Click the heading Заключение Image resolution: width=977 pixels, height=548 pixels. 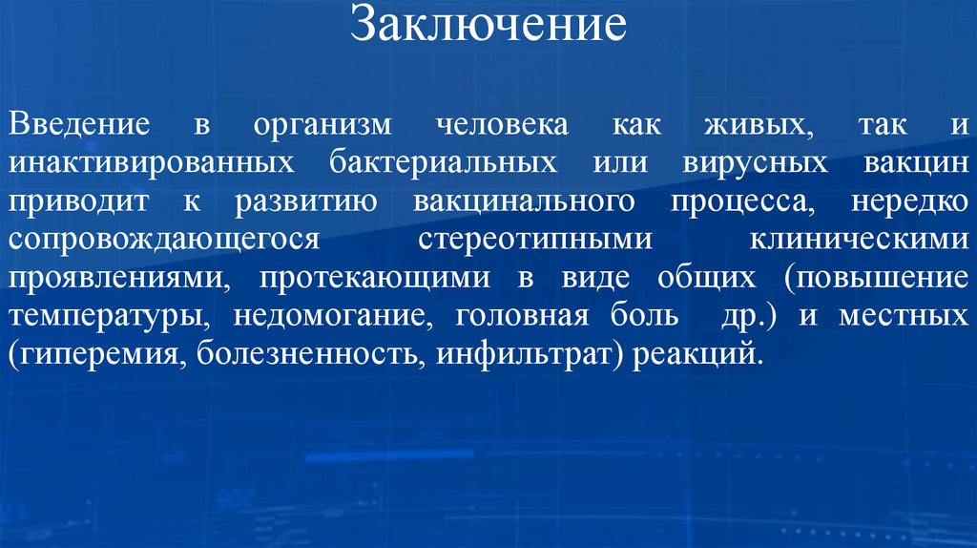(488, 26)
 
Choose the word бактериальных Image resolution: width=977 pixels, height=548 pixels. (444, 163)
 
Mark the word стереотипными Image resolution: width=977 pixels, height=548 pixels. (535, 241)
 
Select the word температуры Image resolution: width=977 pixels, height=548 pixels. (105, 317)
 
